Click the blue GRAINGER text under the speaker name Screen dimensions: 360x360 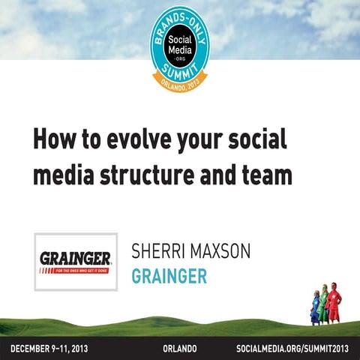click(x=169, y=275)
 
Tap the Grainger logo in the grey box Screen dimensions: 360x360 click(x=76, y=262)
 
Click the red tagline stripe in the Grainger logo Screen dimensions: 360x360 click(x=76, y=270)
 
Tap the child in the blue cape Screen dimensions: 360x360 click(x=315, y=307)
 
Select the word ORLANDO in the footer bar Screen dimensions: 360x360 click(x=181, y=349)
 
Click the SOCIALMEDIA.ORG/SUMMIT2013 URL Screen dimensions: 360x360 click(x=292, y=349)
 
